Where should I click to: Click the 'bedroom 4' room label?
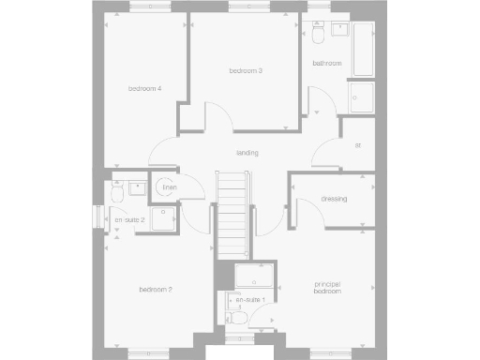pos(145,89)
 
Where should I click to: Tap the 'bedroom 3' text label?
pos(246,70)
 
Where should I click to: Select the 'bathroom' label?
pos(327,64)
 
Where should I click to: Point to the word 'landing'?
pos(247,153)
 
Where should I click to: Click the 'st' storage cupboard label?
pos(358,145)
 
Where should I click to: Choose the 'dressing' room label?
pos(334,199)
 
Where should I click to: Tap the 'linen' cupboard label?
pos(169,188)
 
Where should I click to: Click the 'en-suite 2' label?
pos(129,219)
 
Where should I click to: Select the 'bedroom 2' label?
pos(155,290)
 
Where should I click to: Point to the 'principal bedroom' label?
pos(327,289)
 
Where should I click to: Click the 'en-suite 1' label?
pos(250,299)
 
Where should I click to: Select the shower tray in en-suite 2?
pos(160,217)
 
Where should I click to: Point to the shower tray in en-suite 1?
pos(253,277)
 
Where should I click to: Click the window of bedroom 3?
pos(243,7)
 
